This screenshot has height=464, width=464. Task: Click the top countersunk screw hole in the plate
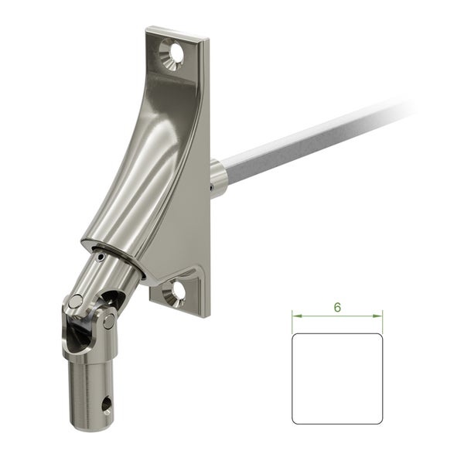pos(172,54)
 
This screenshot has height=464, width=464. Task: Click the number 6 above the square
pos(337,308)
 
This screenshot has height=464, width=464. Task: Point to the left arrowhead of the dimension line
pos(297,316)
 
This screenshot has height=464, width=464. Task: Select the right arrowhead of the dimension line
pos(377,316)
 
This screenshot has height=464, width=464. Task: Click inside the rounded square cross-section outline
pos(337,379)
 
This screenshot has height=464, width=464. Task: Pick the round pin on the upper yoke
pos(76,302)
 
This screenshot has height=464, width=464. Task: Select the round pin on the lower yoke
pos(108,321)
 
